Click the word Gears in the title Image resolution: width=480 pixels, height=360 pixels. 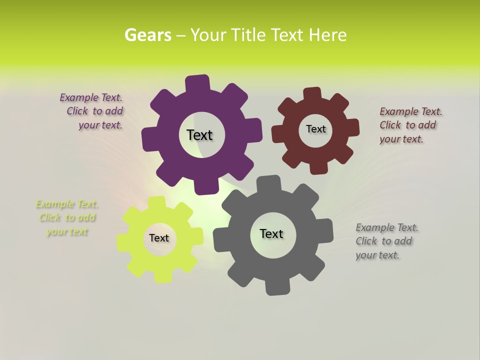click(147, 35)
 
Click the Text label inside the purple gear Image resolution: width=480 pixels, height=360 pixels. click(199, 135)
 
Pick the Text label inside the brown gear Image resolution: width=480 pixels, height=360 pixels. click(315, 129)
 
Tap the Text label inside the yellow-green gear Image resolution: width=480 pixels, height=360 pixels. click(159, 238)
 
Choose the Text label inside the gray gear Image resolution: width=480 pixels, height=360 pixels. click(271, 233)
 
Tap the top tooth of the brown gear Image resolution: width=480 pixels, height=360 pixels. click(312, 93)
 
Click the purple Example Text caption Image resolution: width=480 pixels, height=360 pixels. click(91, 111)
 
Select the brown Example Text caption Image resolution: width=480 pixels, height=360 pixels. click(410, 125)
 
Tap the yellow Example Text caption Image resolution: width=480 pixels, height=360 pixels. click(67, 217)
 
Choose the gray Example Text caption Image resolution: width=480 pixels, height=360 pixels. click(386, 241)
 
